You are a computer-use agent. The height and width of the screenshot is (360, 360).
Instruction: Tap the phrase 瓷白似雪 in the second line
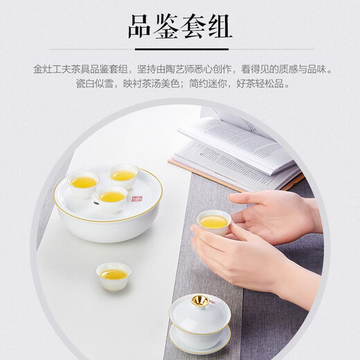coord(95,84)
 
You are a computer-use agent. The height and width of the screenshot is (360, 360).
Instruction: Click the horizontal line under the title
coord(180,51)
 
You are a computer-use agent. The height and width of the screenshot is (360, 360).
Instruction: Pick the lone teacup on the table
coord(113,275)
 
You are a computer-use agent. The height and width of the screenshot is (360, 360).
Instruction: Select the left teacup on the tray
coord(82,183)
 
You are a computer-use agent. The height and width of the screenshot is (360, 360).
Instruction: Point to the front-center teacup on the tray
coord(112,198)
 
